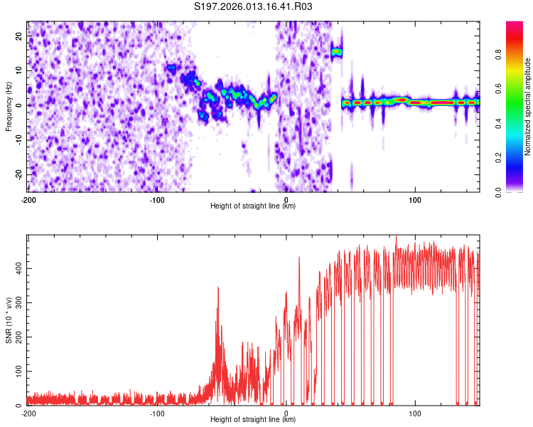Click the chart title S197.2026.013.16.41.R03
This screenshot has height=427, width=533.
click(x=254, y=6)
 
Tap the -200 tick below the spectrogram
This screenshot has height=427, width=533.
click(x=28, y=199)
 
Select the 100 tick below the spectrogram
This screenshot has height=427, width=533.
click(x=415, y=199)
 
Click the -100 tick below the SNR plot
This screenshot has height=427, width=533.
click(x=157, y=413)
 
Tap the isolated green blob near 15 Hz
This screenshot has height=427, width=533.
click(x=336, y=52)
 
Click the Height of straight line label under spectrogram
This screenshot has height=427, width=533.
click(x=253, y=206)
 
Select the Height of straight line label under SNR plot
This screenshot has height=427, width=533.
click(x=253, y=420)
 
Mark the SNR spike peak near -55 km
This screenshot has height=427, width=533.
click(x=218, y=287)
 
